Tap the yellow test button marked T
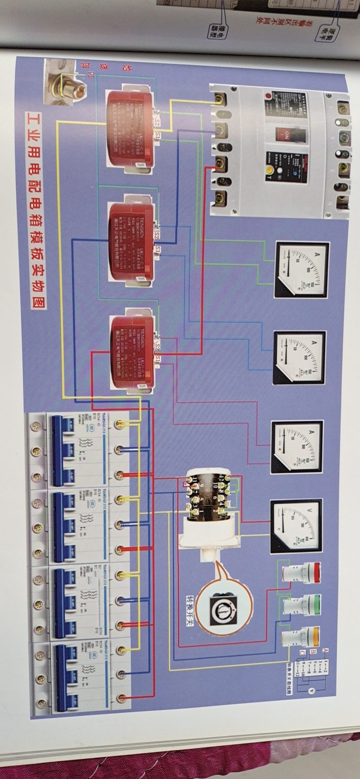[x=269, y=171]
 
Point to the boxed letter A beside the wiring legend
[x=325, y=650]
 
